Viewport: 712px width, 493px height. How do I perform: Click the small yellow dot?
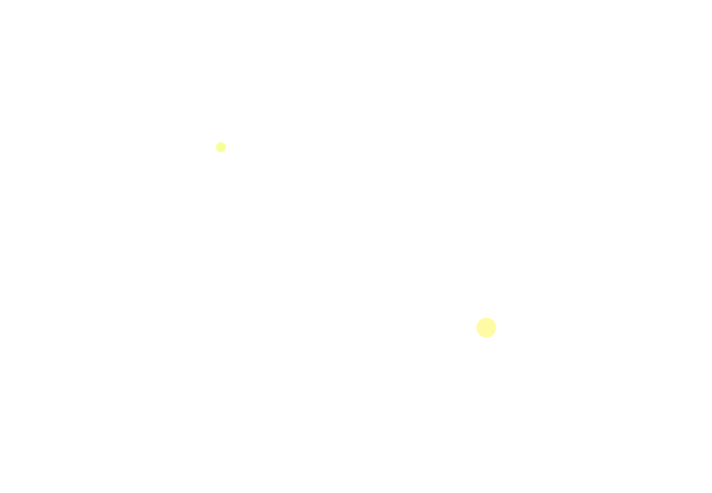pyautogui.click(x=221, y=147)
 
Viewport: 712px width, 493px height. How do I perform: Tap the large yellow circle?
pyautogui.click(x=486, y=327)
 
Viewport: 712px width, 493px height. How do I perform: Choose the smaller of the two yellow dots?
pyautogui.click(x=221, y=147)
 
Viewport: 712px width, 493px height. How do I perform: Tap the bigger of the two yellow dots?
pyautogui.click(x=486, y=327)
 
